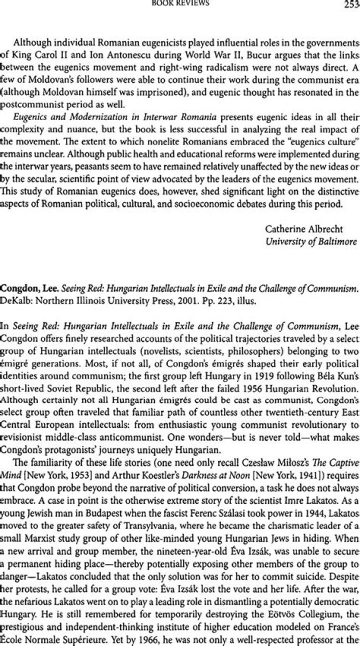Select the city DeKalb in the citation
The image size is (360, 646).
(x=15, y=301)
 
